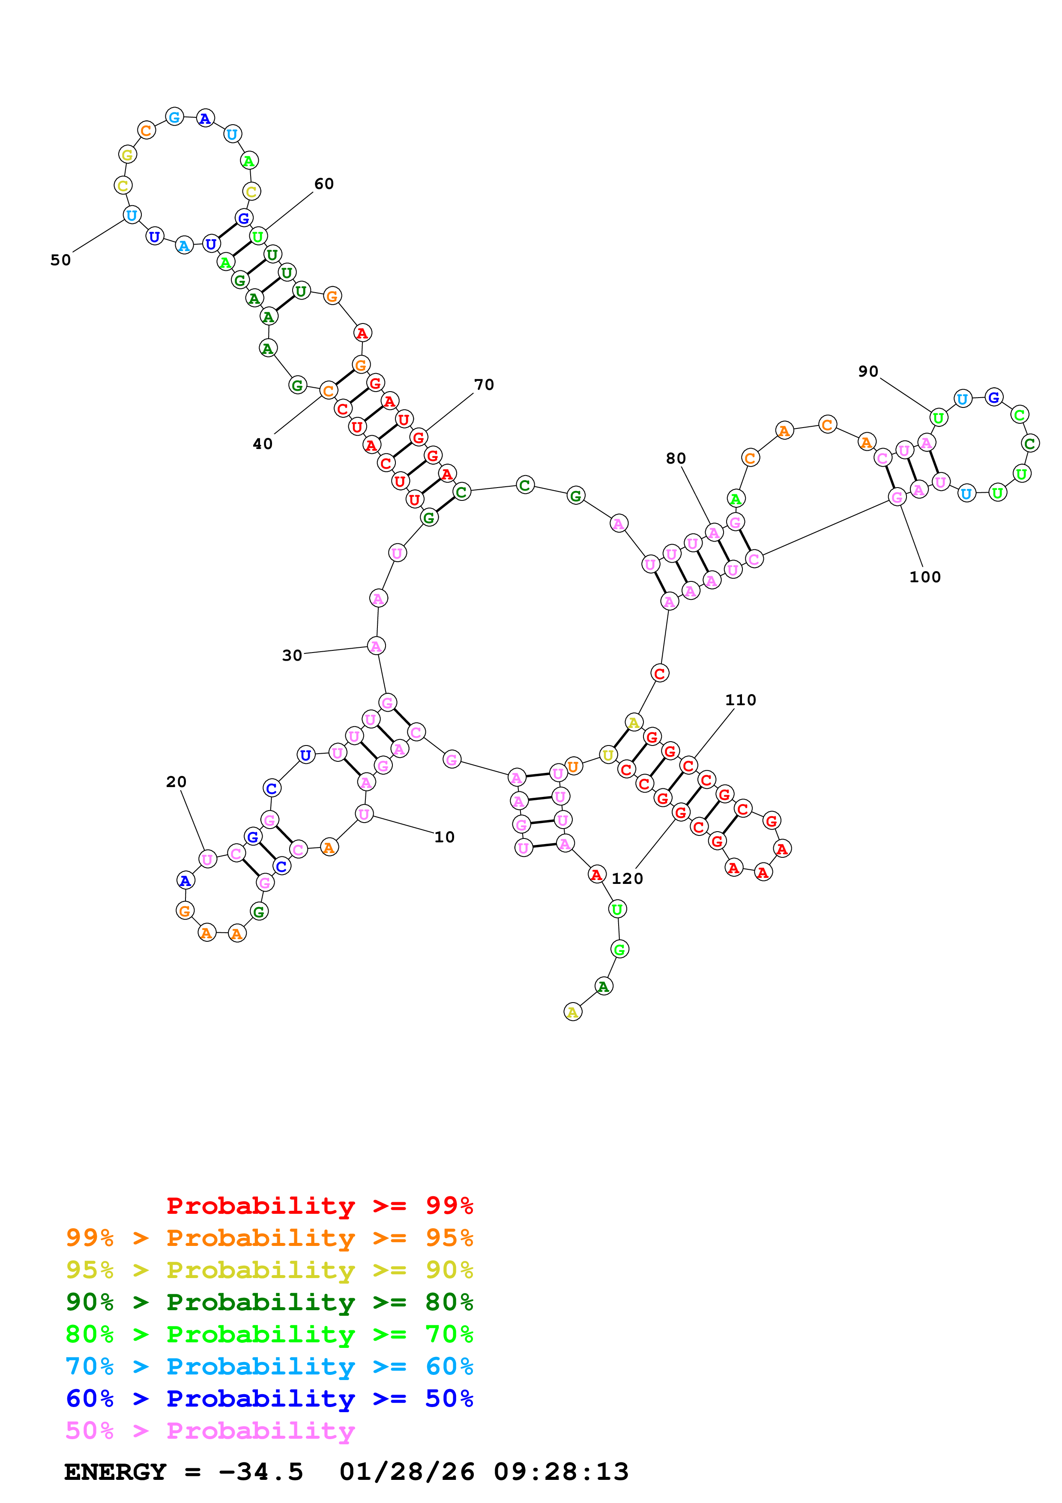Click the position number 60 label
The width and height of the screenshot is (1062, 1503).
coord(324,184)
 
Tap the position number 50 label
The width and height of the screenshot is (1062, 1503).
coord(60,260)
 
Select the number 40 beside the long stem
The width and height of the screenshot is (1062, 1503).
coord(262,444)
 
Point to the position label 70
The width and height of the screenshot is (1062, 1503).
coord(484,385)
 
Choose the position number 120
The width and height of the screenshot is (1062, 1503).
coord(627,878)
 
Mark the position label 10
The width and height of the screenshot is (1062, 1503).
coord(444,837)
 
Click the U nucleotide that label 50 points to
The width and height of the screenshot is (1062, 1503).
coord(132,216)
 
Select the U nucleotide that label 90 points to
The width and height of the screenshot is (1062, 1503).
coord(938,418)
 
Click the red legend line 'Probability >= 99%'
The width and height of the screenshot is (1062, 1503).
coord(319,1206)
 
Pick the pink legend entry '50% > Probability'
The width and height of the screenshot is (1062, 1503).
coord(210,1431)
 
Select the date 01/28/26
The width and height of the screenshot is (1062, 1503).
coord(407,1472)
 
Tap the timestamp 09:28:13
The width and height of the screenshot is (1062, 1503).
coord(561,1472)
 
